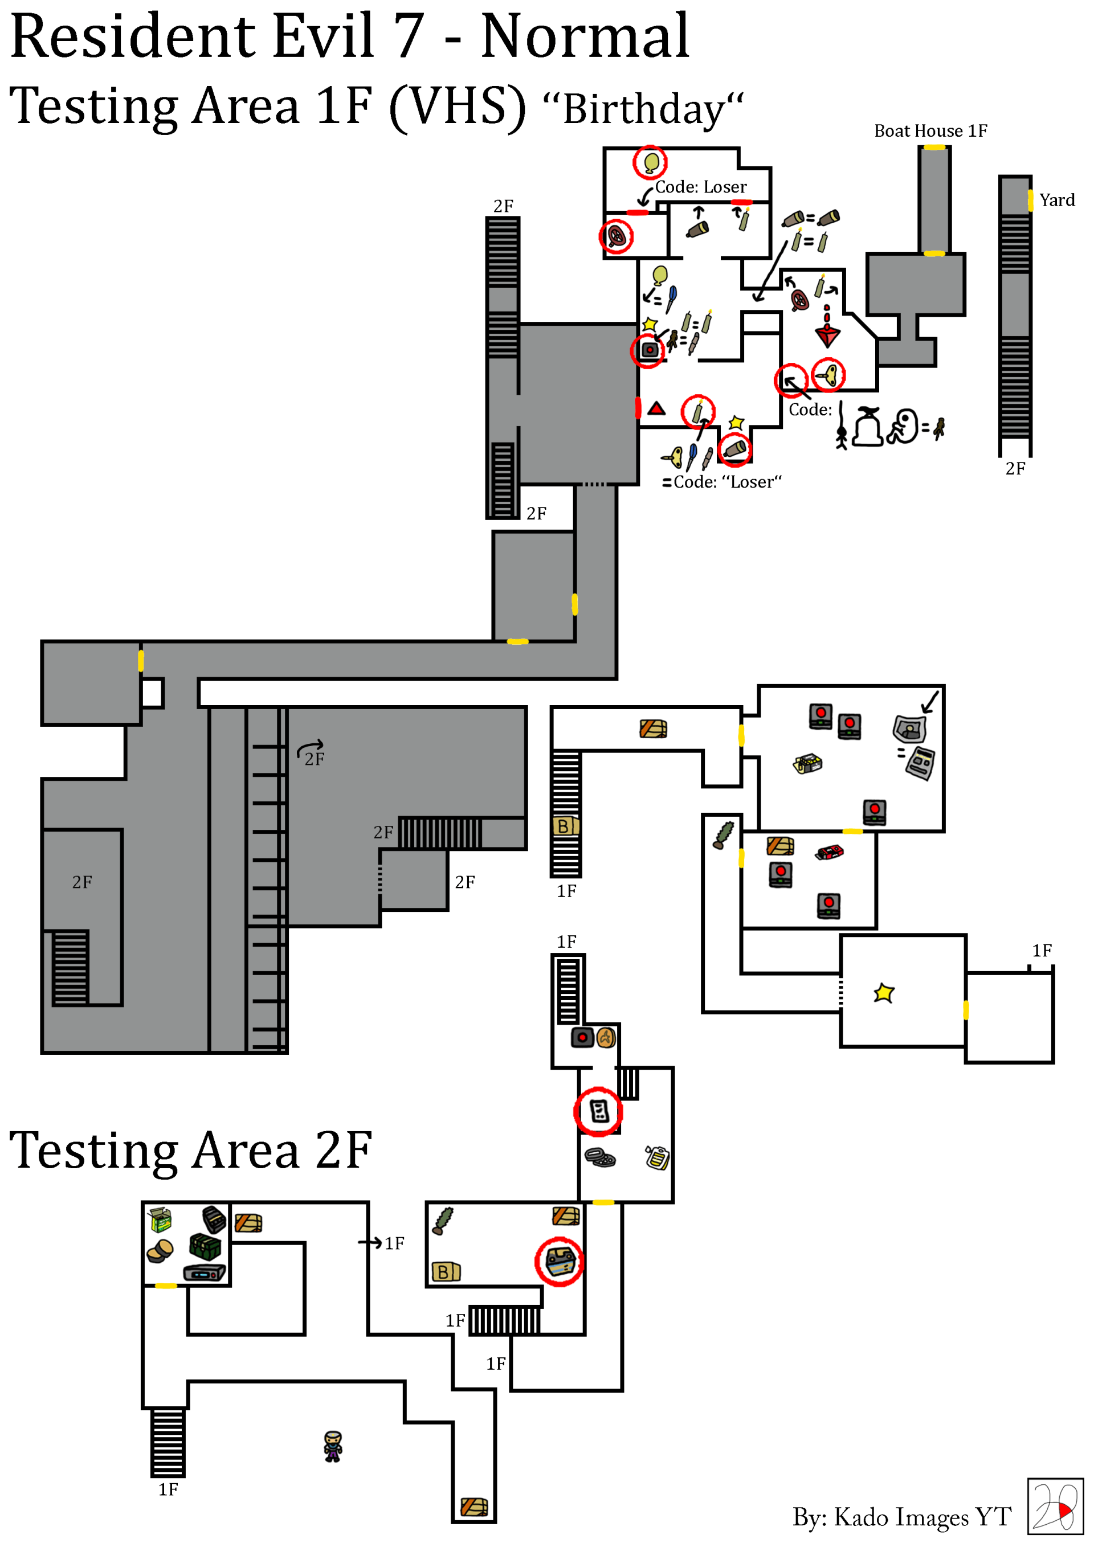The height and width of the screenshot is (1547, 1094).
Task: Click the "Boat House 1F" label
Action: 930,130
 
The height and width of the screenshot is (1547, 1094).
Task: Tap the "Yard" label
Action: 1056,200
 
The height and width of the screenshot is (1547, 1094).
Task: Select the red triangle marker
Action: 656,408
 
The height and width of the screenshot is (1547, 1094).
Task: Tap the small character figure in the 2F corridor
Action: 332,1446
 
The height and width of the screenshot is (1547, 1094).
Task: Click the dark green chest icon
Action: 205,1246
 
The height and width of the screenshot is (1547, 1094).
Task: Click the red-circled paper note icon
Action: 598,1111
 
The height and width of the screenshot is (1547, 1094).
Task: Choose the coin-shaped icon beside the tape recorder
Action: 606,1038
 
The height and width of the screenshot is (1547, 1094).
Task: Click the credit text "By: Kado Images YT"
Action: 901,1517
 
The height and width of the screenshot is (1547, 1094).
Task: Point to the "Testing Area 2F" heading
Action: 190,1150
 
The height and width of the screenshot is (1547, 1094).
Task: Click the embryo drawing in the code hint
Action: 903,426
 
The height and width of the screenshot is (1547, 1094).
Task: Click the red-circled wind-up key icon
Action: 828,375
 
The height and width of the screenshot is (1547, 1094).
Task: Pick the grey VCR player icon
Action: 204,1274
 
